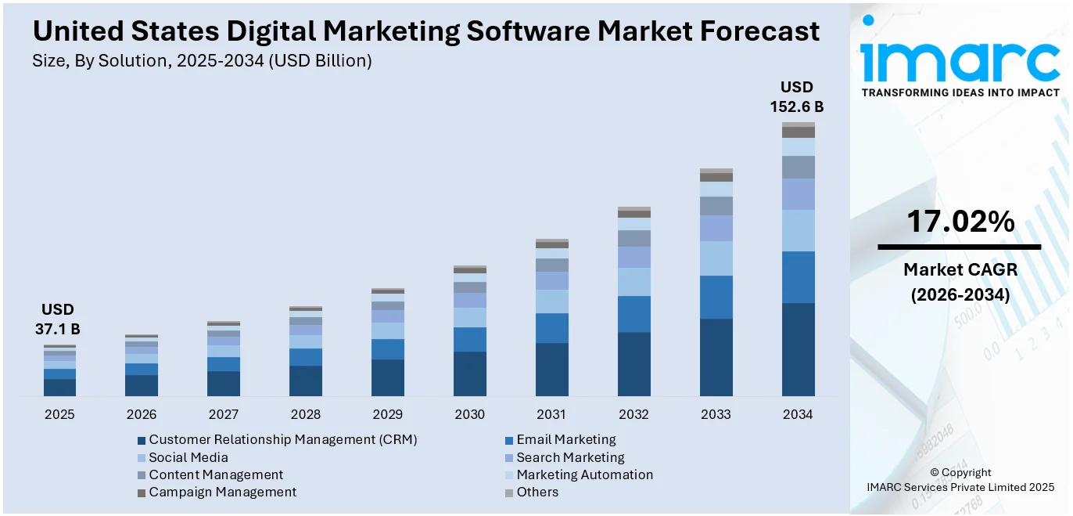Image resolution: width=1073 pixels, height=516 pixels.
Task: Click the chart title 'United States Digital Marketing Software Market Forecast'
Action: coord(426,31)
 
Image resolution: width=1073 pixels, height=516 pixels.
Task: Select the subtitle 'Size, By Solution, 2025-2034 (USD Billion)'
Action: coord(202,61)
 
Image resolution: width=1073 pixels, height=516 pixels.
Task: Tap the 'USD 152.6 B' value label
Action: coord(797,97)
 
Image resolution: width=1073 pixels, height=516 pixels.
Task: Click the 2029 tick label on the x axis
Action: coord(388,414)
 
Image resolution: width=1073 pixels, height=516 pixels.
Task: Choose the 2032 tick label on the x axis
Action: coord(633,414)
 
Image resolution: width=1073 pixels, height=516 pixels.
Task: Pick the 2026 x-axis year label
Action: coord(142,414)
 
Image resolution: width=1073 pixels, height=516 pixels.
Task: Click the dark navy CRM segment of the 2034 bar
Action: coord(798,349)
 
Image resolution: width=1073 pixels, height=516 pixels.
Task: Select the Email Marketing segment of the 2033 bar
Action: coord(716,297)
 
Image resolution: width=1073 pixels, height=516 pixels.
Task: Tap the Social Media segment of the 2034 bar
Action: coord(798,230)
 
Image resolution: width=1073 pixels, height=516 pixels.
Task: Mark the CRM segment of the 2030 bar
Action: coord(469,373)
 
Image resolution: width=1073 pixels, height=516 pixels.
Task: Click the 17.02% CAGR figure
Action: coord(960,222)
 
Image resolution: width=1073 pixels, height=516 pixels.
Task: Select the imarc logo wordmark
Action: coord(960,61)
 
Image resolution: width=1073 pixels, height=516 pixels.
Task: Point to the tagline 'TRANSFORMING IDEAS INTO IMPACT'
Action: coord(960,92)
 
